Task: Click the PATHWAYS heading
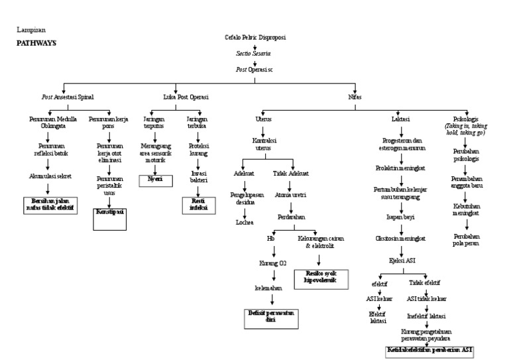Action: pyautogui.click(x=36, y=42)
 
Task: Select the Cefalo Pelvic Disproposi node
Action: pyautogui.click(x=255, y=38)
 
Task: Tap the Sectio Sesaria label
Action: pyautogui.click(x=254, y=52)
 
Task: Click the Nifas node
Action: pyautogui.click(x=355, y=97)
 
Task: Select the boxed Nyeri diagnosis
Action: pyautogui.click(x=155, y=179)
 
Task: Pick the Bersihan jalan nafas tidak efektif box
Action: pyautogui.click(x=50, y=204)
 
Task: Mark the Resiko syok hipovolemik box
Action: pyautogui.click(x=321, y=277)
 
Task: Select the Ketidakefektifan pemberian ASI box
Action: pyautogui.click(x=431, y=349)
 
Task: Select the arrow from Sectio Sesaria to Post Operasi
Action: pyautogui.click(x=254, y=61)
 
